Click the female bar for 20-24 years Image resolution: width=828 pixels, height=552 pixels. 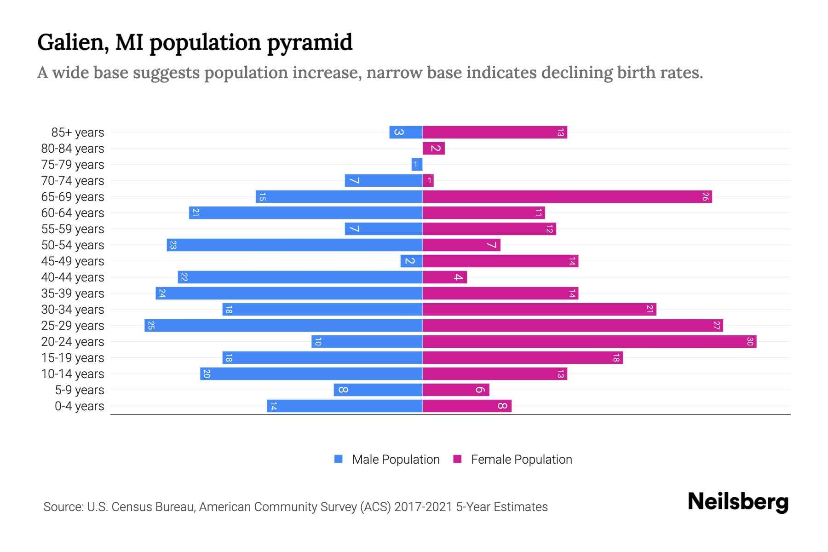[589, 341]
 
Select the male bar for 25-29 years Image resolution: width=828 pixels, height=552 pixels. [283, 325]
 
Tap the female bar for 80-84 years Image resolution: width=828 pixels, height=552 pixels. [433, 148]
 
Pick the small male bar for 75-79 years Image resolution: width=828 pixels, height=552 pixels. [417, 164]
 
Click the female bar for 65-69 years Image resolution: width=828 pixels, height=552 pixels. [567, 196]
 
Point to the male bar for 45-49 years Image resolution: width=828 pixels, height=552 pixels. [411, 261]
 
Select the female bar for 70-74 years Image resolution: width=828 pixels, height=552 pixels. [428, 180]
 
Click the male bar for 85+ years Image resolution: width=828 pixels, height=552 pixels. [406, 132]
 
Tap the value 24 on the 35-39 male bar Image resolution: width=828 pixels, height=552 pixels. [161, 293]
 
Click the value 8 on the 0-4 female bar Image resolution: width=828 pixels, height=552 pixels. [502, 406]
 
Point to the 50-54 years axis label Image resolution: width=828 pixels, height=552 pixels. [73, 245]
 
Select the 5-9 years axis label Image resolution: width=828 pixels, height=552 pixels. [79, 390]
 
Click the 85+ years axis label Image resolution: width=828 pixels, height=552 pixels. [77, 132]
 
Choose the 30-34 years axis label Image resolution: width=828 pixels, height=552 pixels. [73, 309]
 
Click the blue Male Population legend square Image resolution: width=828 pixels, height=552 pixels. [339, 459]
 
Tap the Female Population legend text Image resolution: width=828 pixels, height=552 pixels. [521, 459]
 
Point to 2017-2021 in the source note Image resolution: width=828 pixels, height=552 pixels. [423, 506]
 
